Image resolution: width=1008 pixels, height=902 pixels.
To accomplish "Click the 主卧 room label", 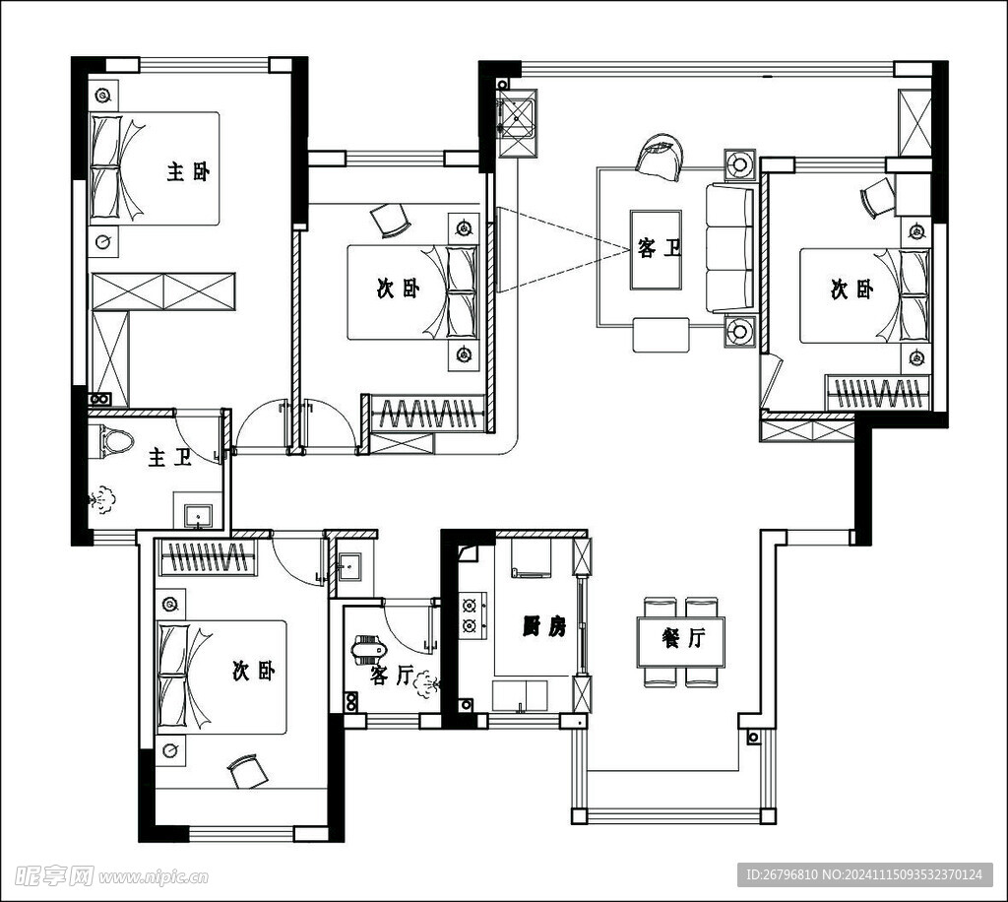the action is coord(188,171).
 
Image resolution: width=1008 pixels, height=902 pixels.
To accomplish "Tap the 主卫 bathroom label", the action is coord(170,458).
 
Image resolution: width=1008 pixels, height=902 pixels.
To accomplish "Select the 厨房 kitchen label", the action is coord(544,626).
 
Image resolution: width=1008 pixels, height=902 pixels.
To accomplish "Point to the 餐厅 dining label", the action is coord(683,638).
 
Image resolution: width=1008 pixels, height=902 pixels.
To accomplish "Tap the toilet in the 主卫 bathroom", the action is coord(116,442).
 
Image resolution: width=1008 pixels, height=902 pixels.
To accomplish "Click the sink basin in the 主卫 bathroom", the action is coord(198,516).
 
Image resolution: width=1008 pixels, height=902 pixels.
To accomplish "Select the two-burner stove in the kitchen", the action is coord(472,615).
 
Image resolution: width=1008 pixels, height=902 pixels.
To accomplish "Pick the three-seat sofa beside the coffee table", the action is coord(730,248).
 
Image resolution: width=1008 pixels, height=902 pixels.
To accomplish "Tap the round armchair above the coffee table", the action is coord(659,156).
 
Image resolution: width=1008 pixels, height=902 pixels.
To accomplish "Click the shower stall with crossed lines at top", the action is coord(518,123).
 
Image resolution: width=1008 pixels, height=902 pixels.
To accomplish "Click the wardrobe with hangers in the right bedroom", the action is coord(878,392).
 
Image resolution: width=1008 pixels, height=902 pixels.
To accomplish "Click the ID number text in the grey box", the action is coord(864,874).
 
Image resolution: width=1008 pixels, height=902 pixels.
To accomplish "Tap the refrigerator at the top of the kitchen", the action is coord(531,558).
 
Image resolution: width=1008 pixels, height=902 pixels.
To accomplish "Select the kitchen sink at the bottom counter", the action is coord(520,695).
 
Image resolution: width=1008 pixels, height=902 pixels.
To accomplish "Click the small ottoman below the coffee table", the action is coord(661,335).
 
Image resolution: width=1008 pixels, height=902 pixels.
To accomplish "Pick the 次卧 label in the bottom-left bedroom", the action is coord(254,672).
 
